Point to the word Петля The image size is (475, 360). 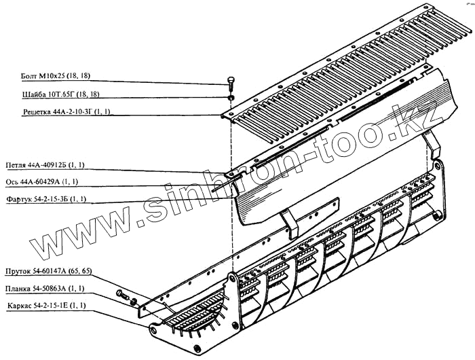[x=15, y=165]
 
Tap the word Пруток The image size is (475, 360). [x=18, y=271]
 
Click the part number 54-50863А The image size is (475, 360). [x=54, y=287]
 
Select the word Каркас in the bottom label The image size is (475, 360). [x=18, y=306]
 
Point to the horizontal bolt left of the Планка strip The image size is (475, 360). [x=123, y=295]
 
